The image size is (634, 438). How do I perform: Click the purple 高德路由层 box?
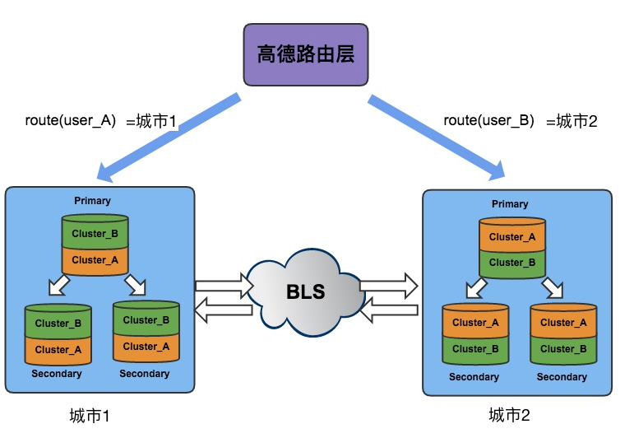point(306,54)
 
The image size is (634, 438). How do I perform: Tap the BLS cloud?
point(306,292)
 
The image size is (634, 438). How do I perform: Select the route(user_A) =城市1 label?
point(100,121)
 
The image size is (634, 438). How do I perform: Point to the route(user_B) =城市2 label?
point(521,121)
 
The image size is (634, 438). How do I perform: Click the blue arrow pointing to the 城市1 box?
point(169,137)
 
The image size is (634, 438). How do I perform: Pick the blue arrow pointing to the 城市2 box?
point(437,137)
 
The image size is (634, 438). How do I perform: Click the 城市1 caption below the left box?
point(90,416)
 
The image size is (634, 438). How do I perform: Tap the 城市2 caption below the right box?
point(509,415)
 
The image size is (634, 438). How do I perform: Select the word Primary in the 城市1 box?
point(92,201)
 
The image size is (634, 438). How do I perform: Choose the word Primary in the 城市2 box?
point(510,204)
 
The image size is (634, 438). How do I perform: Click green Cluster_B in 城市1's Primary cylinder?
point(95,234)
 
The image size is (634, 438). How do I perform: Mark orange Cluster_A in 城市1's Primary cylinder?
point(95,260)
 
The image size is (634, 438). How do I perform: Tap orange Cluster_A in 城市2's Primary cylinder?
point(512,237)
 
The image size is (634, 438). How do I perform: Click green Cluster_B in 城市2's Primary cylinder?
point(512,263)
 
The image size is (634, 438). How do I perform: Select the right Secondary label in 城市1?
point(145,374)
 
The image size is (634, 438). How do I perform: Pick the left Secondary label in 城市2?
point(474,377)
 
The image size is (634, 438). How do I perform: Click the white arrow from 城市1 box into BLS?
point(224,286)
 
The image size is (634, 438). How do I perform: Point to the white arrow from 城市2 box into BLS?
point(389,310)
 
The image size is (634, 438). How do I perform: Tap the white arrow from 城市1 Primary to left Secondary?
point(59,285)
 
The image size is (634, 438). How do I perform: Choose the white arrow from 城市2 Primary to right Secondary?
point(553,287)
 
